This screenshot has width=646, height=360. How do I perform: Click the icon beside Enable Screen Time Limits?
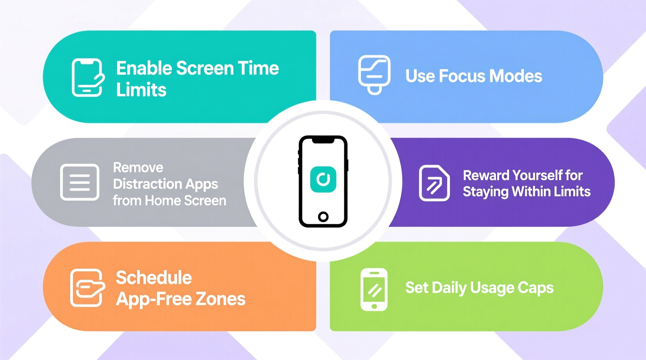click(x=88, y=77)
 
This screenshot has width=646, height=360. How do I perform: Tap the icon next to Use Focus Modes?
click(x=374, y=74)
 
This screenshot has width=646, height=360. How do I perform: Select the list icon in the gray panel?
click(x=80, y=182)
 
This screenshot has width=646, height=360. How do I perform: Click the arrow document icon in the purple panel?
click(x=434, y=183)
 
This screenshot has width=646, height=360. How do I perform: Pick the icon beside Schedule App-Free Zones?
click(x=87, y=287)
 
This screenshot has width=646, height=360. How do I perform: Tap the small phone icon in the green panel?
click(x=374, y=289)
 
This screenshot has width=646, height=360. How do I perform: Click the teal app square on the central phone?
click(x=323, y=179)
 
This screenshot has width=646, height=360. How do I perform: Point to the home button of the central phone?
click(x=323, y=216)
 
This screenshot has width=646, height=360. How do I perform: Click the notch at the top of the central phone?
click(x=323, y=140)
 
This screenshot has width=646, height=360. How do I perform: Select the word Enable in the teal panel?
click(x=144, y=68)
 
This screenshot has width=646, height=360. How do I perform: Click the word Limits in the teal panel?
click(x=141, y=90)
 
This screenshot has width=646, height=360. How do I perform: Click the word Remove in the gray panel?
click(x=138, y=168)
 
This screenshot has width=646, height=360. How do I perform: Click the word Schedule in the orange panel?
click(x=154, y=278)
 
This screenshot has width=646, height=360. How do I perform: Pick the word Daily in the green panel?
click(x=449, y=288)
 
